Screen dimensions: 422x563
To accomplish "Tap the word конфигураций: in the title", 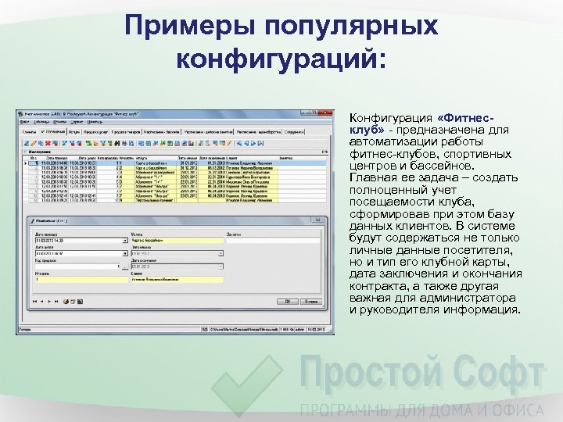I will [x=281, y=59].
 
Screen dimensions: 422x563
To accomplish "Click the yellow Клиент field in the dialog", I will [x=178, y=279].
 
